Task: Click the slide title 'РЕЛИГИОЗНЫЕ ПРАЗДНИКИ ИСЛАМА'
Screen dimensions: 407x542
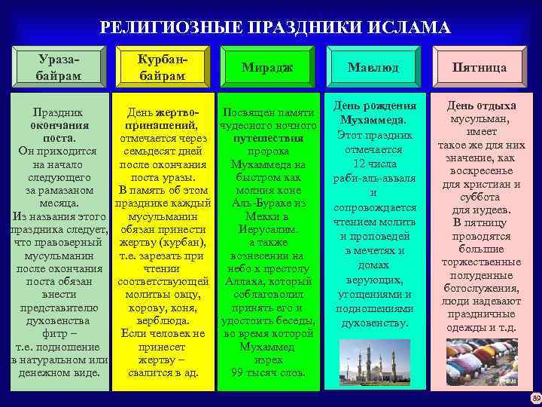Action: point(275,29)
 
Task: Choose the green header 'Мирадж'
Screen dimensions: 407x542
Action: point(267,67)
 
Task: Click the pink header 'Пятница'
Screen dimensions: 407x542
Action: point(479,67)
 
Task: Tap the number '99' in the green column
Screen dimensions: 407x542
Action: point(239,372)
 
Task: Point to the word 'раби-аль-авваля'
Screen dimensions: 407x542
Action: point(373,178)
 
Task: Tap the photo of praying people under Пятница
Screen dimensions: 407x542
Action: point(479,362)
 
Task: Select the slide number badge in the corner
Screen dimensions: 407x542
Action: point(535,398)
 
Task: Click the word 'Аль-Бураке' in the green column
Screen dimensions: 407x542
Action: point(259,203)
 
